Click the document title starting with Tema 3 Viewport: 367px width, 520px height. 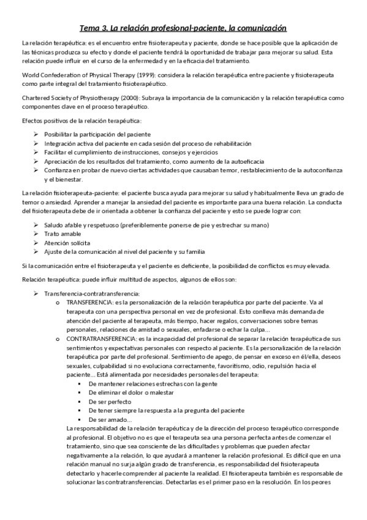click(183, 28)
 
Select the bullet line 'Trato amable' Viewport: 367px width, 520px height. click(62, 234)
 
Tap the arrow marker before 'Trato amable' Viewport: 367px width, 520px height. click(36, 234)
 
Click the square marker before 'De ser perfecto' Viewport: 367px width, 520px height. click(80, 401)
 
